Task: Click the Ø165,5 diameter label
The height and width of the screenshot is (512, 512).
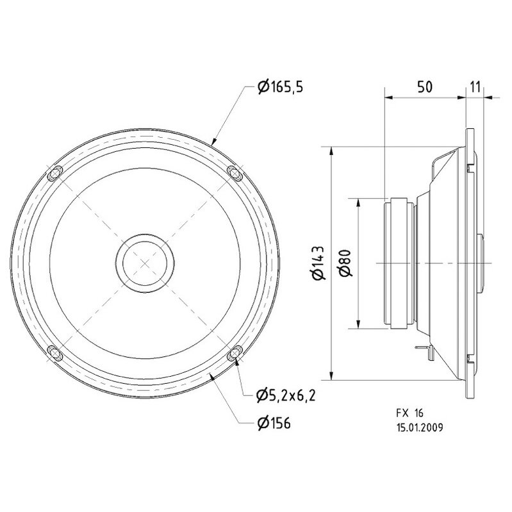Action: coord(280,87)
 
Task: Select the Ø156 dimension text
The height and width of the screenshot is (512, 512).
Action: coord(274,424)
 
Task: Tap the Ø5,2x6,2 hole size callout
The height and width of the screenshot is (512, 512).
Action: coord(286,395)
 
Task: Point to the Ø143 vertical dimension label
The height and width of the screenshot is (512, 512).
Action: coord(318,263)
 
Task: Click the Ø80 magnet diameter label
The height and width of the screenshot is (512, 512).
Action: coord(345,263)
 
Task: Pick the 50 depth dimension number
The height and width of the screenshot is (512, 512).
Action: coord(424,87)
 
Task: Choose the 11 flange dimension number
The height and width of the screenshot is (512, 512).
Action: coord(475,87)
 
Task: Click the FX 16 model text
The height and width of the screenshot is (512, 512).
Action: coord(410,413)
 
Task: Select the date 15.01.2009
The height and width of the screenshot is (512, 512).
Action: coord(420,427)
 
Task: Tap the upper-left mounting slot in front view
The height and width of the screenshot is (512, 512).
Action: coord(55,174)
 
